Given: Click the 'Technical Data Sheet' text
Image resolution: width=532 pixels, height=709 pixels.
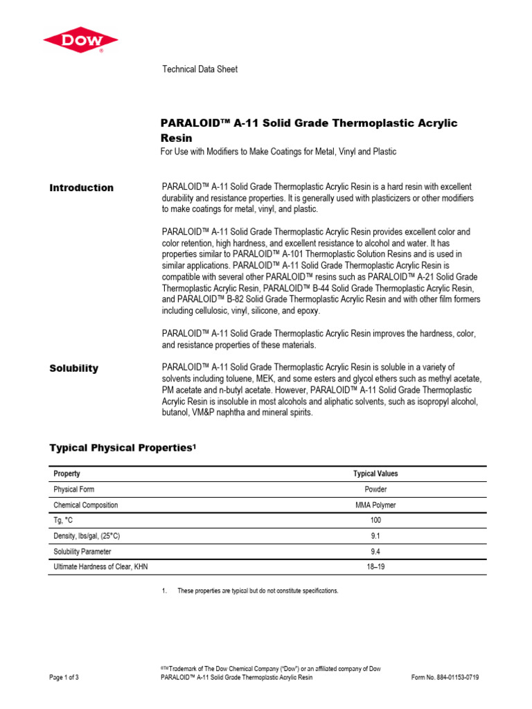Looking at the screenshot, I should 199,69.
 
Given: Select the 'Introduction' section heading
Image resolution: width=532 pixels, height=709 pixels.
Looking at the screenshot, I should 82,188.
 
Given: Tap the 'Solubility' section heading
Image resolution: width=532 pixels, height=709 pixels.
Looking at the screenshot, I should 74,368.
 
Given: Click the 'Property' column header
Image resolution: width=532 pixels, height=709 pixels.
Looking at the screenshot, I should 67,474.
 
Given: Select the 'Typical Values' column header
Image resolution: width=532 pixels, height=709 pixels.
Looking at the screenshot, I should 375,474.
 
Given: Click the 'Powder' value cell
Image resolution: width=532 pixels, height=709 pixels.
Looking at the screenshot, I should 375,490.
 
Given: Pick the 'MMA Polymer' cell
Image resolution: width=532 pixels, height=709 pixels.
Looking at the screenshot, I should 375,505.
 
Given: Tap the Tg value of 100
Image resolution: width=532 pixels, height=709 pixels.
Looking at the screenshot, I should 375,521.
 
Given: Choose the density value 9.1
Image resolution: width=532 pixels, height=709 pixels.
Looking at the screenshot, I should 375,536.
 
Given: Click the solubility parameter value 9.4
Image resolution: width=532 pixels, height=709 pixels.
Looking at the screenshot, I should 375,551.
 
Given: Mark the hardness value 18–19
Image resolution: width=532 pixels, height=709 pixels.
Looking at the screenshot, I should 375,566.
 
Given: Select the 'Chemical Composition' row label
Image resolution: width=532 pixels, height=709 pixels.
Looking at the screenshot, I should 86,505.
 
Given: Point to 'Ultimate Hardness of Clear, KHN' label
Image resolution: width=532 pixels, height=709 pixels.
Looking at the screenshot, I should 101,566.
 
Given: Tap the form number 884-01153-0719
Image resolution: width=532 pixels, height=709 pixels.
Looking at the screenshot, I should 445,677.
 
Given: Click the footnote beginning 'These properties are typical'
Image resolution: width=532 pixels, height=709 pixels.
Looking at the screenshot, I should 258,591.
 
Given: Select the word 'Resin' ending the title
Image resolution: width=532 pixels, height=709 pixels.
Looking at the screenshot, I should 177,138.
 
